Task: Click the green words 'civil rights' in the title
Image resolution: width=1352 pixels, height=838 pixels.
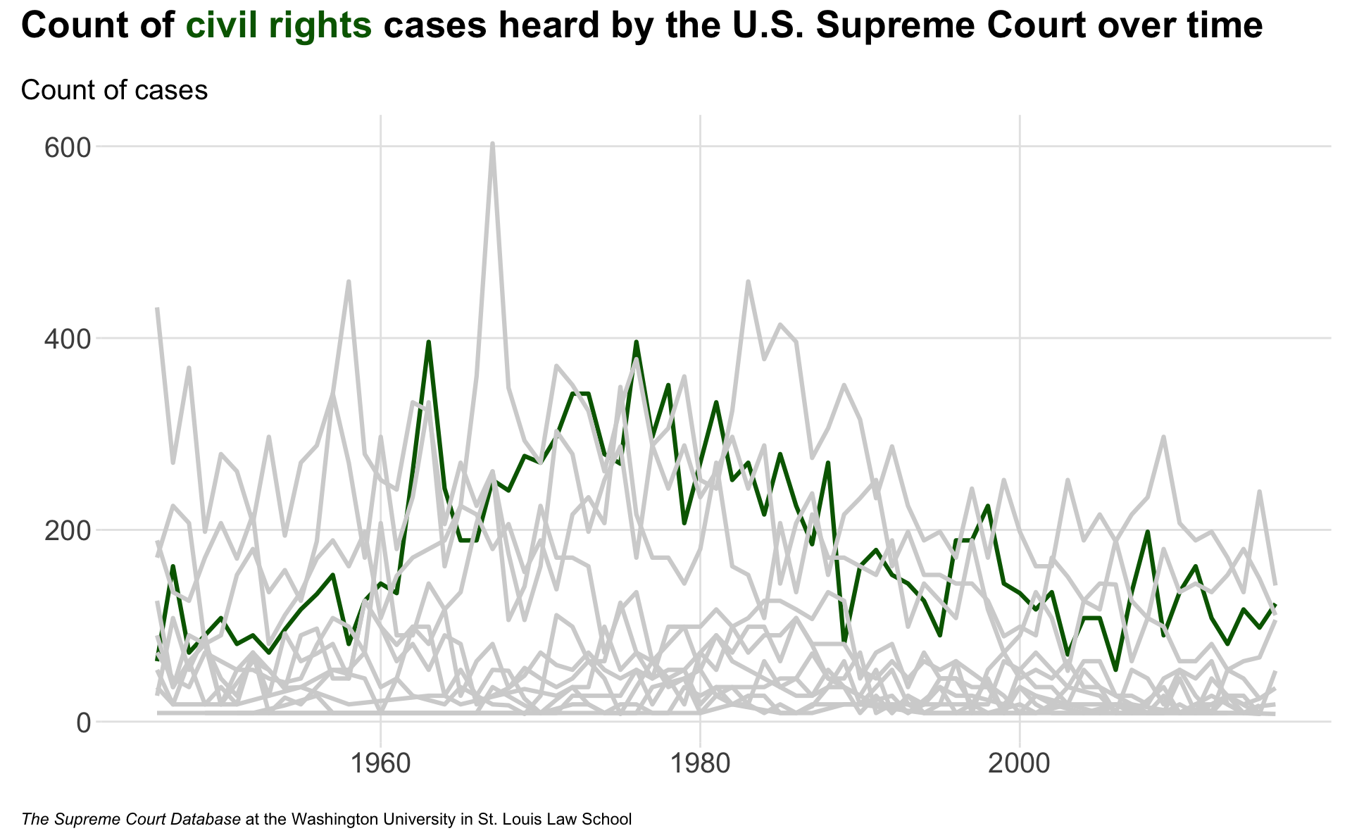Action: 278,27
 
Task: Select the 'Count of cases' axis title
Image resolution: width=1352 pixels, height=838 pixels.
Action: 114,90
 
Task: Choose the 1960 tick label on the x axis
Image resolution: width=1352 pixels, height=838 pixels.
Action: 380,763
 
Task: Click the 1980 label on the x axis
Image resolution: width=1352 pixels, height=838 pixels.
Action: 700,763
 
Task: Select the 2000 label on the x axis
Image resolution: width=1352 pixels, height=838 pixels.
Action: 1020,763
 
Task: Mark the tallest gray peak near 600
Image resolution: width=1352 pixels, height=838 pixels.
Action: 492,144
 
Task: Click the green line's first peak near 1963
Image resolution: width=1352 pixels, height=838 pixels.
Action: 428,342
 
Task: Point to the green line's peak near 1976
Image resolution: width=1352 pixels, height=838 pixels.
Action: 636,342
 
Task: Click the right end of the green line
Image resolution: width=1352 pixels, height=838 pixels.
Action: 1275,605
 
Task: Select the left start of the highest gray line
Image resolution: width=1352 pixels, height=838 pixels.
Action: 157,308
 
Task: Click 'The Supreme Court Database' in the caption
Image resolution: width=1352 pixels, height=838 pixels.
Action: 131,820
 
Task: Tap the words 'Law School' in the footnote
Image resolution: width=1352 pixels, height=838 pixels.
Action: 598,820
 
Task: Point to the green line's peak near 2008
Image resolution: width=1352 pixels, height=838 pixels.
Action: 1148,532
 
